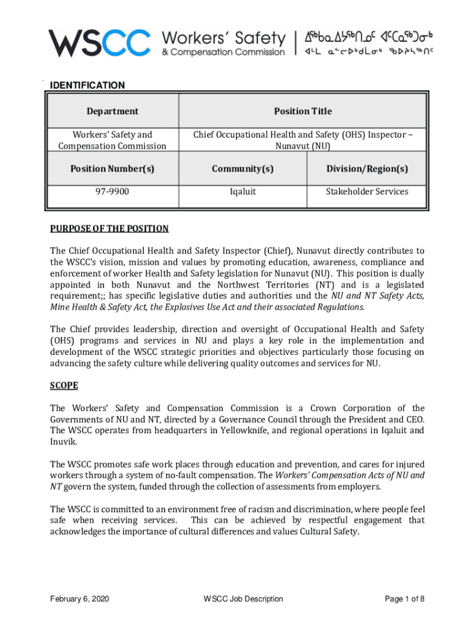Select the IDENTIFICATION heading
coord(87,85)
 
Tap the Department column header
coord(112,111)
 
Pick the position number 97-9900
coord(112,191)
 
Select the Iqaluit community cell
coord(242,191)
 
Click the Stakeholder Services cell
coord(366,191)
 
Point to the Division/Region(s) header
coord(366,168)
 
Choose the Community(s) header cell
coord(242,168)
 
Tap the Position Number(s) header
coord(112,168)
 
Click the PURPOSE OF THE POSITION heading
coord(109,228)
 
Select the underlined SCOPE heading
coord(64,385)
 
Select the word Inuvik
coord(63,442)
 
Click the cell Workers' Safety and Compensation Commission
coord(112,140)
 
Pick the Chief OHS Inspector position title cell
coord(302,140)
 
